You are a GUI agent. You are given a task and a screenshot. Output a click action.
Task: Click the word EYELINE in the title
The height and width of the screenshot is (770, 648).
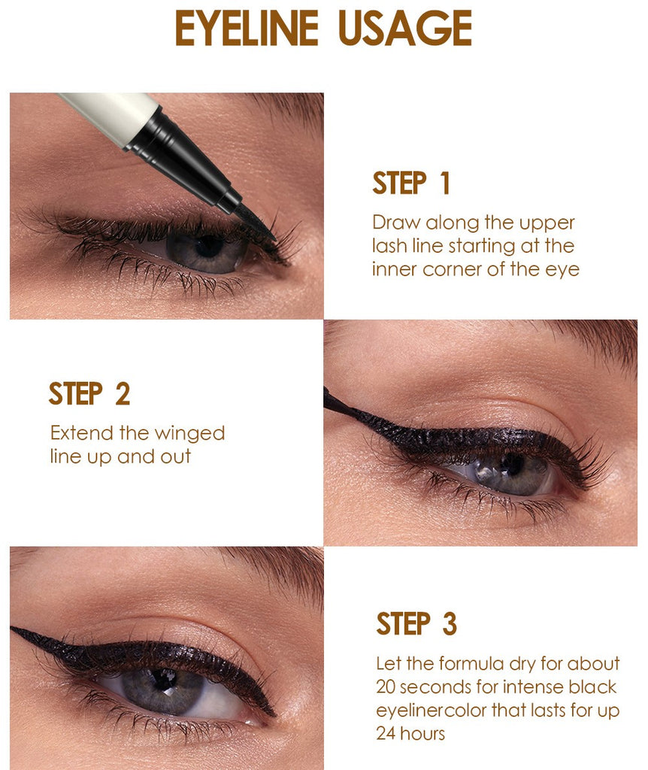(247, 29)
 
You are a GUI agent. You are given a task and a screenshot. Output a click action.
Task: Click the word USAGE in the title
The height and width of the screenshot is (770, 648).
(405, 29)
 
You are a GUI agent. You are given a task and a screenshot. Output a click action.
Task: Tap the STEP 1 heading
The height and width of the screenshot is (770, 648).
(411, 183)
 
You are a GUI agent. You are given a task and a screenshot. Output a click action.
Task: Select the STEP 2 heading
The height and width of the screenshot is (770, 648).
(89, 394)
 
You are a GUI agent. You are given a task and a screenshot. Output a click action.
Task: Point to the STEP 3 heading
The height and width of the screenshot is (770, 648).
(416, 623)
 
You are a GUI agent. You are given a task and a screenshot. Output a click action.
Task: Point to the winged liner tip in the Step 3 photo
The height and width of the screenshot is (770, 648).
(12, 628)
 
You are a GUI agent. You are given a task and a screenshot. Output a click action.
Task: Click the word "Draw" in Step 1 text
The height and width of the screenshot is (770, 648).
(397, 223)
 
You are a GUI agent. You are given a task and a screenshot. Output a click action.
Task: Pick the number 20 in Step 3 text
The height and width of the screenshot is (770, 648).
(386, 687)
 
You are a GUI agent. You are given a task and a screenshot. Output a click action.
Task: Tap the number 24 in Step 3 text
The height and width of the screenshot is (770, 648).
(386, 734)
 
